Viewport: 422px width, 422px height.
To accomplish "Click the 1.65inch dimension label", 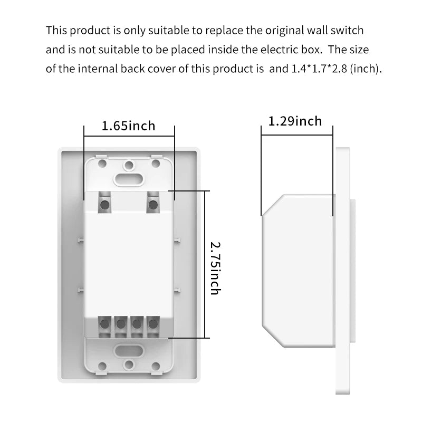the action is click(x=128, y=126).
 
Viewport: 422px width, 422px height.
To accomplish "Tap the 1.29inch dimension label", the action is click(x=295, y=121).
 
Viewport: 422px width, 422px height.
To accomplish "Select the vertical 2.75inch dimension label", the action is click(x=215, y=268).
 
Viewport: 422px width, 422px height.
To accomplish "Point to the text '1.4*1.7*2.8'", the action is click(x=319, y=69).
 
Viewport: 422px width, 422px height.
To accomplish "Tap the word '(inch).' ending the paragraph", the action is click(x=366, y=69).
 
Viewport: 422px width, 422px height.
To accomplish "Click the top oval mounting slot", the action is click(x=128, y=179).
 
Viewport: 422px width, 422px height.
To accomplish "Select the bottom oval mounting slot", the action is click(x=128, y=351).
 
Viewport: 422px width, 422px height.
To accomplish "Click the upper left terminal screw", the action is click(x=104, y=205).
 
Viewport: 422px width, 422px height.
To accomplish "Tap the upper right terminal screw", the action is click(x=153, y=205).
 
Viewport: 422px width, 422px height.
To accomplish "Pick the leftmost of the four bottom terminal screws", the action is click(x=104, y=324).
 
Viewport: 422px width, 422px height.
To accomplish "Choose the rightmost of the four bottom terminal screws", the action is click(x=153, y=324).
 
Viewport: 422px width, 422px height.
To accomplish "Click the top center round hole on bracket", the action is click(x=129, y=165).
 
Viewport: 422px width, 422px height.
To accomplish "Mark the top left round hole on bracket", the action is click(x=102, y=163).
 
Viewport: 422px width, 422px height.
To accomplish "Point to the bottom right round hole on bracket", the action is click(x=156, y=366).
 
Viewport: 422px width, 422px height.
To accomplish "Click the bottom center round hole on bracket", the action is click(x=129, y=365).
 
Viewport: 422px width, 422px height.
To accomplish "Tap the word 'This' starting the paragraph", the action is click(x=56, y=30).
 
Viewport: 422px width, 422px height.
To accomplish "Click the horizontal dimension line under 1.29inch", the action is click(x=297, y=135).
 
